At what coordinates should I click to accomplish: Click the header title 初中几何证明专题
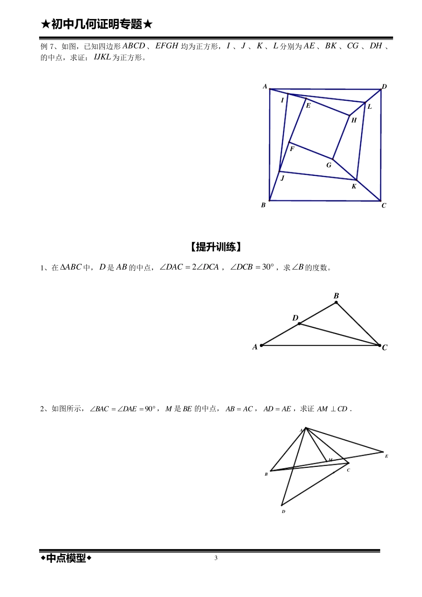tap(96, 24)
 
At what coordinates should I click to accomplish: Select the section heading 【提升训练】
tap(215, 247)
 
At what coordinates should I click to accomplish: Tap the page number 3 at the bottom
tap(216, 558)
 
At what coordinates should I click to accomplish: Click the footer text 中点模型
tap(66, 558)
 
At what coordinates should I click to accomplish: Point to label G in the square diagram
tap(329, 165)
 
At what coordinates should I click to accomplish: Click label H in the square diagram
tap(354, 120)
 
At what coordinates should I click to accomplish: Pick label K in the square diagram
tap(354, 186)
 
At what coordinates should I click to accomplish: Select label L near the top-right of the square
tap(370, 107)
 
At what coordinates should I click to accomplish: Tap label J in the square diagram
tap(282, 178)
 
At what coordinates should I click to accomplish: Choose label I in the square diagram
tap(282, 100)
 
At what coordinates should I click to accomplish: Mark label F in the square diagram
tap(292, 149)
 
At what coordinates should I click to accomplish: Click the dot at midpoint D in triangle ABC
tap(299, 323)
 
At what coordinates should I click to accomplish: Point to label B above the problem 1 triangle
tap(336, 296)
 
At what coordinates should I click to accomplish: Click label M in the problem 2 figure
tap(330, 460)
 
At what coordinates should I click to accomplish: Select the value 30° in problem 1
tap(268, 267)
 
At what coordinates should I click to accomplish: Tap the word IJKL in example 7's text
tap(102, 57)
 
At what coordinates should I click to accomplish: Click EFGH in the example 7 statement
tap(167, 46)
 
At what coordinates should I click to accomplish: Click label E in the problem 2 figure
tap(386, 456)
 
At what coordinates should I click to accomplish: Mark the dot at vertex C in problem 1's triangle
tap(379, 345)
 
